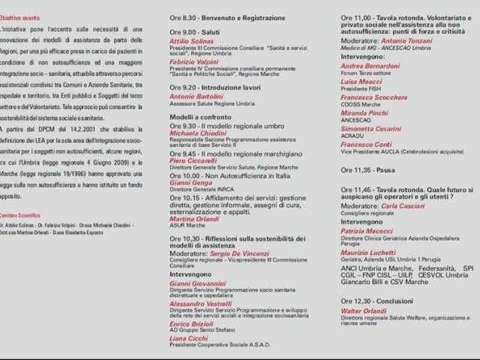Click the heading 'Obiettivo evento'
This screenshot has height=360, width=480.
(x=21, y=17)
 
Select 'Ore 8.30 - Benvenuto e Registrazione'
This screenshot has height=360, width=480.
(x=227, y=17)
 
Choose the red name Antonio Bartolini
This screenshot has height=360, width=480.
(x=196, y=97)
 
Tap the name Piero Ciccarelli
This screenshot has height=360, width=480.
(x=194, y=160)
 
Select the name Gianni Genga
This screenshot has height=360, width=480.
(x=190, y=182)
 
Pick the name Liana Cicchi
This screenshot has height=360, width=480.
(x=187, y=338)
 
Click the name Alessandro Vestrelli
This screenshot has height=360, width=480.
(x=199, y=304)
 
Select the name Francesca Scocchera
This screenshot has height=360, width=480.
(x=373, y=97)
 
